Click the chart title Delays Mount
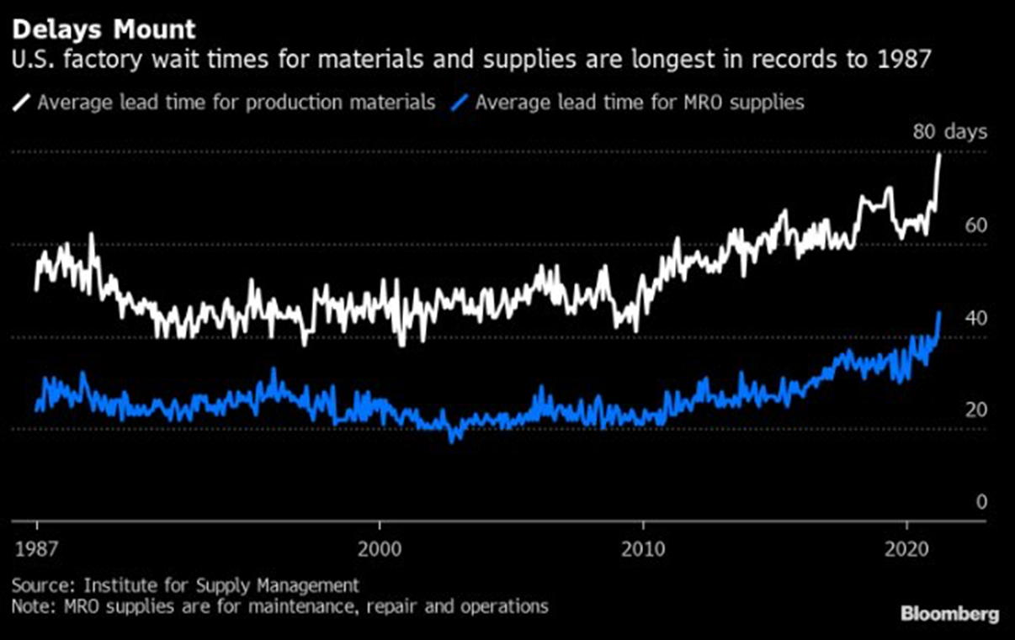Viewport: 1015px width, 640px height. click(x=104, y=30)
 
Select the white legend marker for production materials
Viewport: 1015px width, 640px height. click(x=22, y=103)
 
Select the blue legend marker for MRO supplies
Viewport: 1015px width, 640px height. click(x=460, y=103)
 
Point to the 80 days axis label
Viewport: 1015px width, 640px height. click(x=950, y=132)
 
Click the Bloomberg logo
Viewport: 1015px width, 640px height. click(x=950, y=614)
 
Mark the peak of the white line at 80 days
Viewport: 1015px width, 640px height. click(x=938, y=154)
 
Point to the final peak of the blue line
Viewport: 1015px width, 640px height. click(x=939, y=312)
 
